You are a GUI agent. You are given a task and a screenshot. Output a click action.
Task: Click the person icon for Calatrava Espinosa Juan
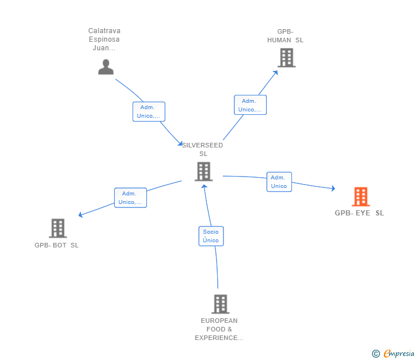point(106,67)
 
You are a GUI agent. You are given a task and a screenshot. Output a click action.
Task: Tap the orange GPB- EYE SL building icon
point(360,197)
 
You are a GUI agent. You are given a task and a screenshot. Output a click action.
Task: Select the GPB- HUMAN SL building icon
point(286,58)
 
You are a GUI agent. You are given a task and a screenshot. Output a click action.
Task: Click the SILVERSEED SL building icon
point(203,171)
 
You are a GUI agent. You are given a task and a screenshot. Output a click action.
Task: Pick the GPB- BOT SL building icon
point(58,228)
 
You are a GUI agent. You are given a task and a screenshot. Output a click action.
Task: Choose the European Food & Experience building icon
point(220,304)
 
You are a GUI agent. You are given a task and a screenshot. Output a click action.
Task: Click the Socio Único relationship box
point(211,236)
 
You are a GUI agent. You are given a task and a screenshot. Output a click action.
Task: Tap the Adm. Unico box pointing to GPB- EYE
point(279,182)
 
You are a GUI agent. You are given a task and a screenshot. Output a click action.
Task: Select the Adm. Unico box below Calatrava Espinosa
point(149,111)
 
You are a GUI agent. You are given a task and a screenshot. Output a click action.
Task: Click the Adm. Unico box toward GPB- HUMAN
point(250,105)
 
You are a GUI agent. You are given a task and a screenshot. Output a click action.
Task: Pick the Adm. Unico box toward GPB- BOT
point(130,197)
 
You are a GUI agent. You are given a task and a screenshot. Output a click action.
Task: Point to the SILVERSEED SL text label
point(203,149)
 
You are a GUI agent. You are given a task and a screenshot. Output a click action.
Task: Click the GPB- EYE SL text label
point(359,213)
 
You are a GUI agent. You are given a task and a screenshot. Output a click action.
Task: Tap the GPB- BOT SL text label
point(57,245)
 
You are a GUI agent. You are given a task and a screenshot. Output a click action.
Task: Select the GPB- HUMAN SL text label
point(285,36)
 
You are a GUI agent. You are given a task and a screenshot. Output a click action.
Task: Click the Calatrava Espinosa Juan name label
point(105,39)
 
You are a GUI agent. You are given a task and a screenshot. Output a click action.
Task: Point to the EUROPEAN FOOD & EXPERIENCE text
point(219,329)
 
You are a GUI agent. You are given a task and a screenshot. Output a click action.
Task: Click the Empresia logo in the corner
point(399,354)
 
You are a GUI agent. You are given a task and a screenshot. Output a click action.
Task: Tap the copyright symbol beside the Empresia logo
point(376,354)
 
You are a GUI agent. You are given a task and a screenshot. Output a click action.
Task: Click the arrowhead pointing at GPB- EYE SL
point(333,188)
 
